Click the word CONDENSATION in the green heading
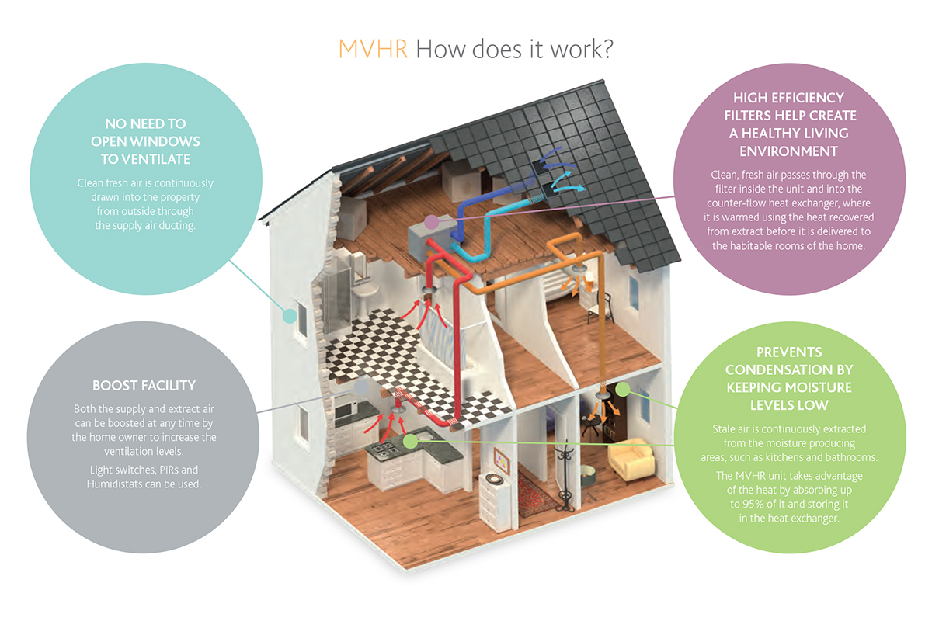pyautogui.click(x=788, y=369)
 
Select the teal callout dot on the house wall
pyautogui.click(x=290, y=315)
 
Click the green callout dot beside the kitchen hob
pyautogui.click(x=410, y=440)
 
